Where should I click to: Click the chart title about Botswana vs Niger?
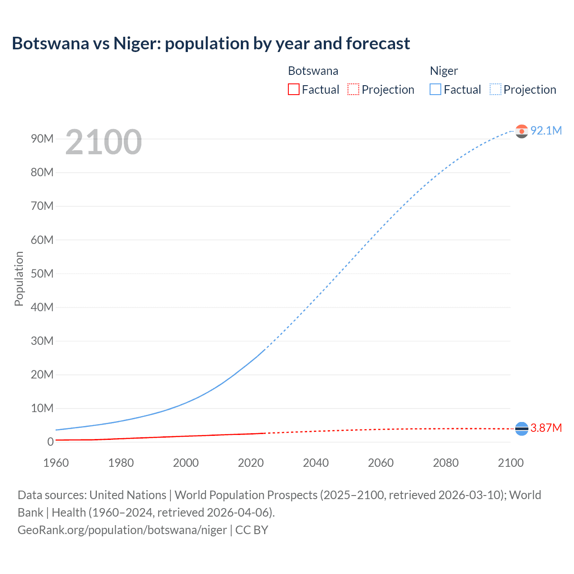pos(211,43)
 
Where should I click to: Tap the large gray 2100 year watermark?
pos(104,142)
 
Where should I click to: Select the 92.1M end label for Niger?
pos(546,130)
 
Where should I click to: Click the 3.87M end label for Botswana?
pos(546,428)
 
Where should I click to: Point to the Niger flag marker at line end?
pos(522,131)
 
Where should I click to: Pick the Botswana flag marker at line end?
pos(522,429)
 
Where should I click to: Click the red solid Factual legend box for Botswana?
pos(293,90)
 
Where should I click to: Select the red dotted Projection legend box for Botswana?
pos(353,90)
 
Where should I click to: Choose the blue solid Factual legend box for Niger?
pos(435,90)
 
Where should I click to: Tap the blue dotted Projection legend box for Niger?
pos(495,90)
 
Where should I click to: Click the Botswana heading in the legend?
pos(313,71)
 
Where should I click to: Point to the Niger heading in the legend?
pos(444,71)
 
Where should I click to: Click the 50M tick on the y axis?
pos(42,274)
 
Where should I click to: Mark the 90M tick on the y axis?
pos(42,139)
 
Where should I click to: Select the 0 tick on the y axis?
pos(50,442)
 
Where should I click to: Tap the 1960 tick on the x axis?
pos(56,463)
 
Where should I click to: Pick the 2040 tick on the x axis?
pos(316,463)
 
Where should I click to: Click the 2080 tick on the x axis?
pos(446,463)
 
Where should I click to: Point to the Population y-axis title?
pos(19,278)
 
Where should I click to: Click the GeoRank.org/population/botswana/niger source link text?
pos(122,530)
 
